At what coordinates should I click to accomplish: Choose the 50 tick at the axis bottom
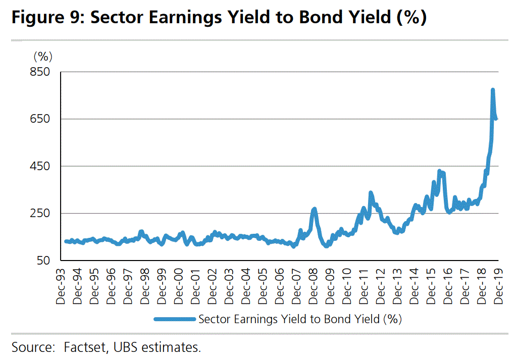coord(43,261)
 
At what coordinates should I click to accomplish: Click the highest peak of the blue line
coord(493,90)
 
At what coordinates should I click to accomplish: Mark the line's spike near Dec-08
coord(314,209)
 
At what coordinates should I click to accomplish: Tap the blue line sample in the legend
coord(174,319)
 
